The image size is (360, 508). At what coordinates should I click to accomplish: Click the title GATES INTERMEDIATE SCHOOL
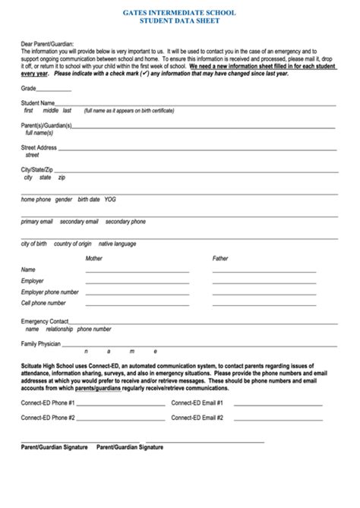pos(178,13)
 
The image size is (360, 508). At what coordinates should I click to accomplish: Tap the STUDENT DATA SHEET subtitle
pos(178,22)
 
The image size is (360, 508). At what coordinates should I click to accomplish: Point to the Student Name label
pos(37,102)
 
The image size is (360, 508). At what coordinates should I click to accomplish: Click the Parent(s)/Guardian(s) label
pos(46,125)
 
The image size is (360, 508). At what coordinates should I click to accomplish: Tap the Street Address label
pos(39,147)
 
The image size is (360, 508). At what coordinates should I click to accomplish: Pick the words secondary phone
pos(125,222)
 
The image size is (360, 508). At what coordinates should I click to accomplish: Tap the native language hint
pos(118,244)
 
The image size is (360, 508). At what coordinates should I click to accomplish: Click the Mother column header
pos(93,258)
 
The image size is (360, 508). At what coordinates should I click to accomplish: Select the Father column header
pos(220,258)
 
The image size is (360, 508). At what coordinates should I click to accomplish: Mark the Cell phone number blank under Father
pos(264,304)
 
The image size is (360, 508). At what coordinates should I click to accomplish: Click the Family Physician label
pos(41,343)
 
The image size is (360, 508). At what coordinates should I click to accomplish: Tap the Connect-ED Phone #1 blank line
pos(122,402)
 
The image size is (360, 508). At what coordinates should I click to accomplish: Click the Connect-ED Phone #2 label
pos(48,418)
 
